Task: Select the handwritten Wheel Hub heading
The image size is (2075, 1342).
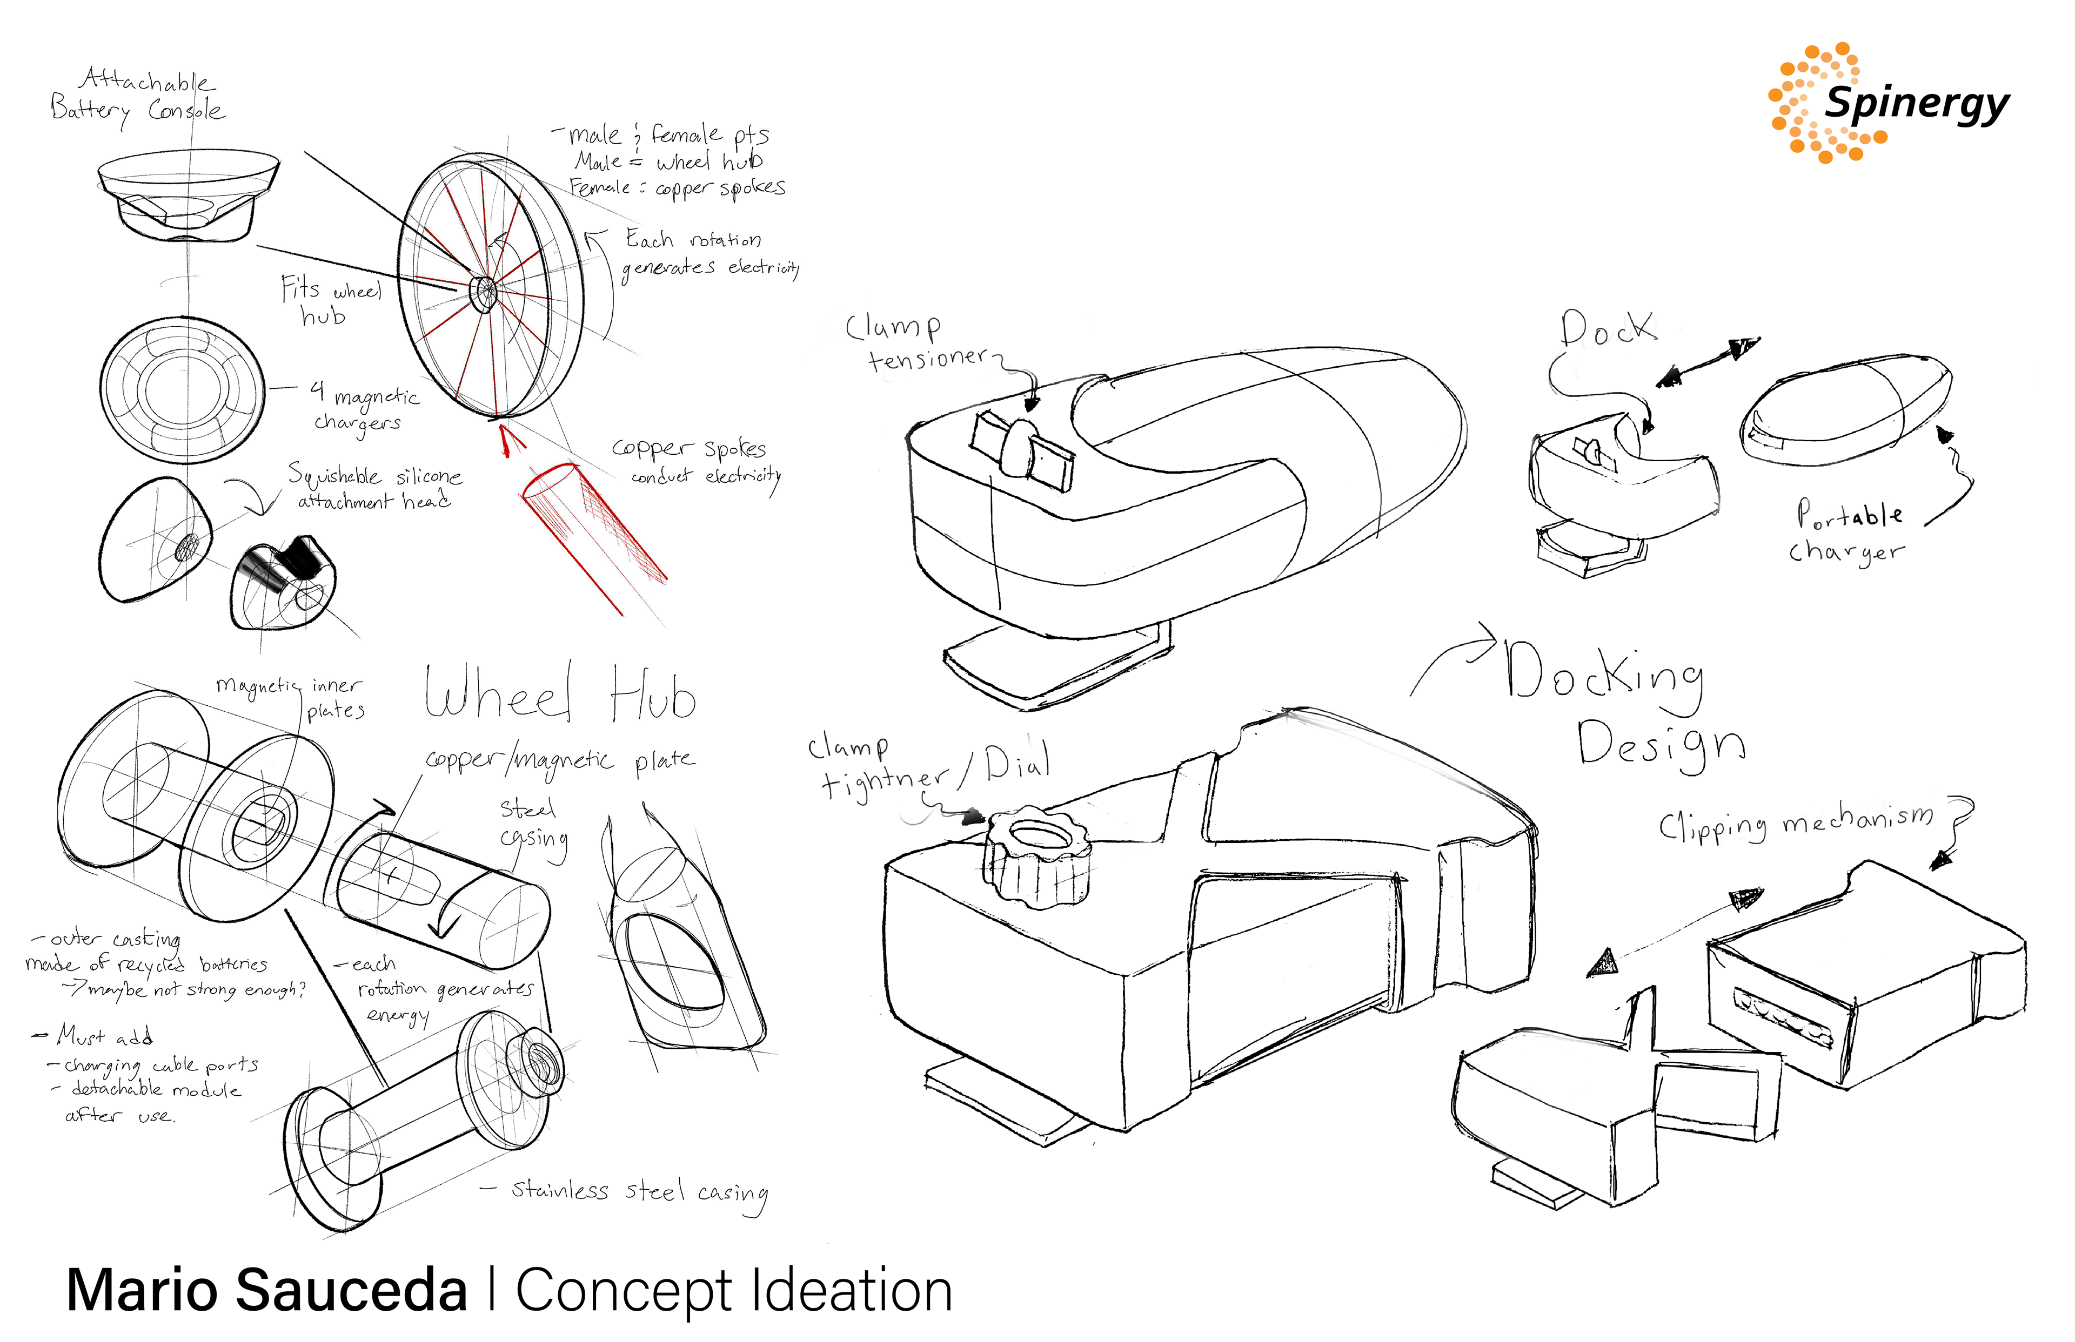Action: pos(560,693)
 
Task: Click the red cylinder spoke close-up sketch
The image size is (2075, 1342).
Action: pos(593,531)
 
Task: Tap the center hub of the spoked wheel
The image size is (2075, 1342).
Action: pos(485,292)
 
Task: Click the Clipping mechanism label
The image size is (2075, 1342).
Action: pos(1796,824)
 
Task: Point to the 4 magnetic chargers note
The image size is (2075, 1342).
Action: pos(364,407)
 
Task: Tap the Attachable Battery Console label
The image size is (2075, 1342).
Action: pos(138,96)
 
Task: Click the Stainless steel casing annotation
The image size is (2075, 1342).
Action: pos(639,1192)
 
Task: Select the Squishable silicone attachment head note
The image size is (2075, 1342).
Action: pos(375,488)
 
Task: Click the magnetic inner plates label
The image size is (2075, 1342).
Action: pos(292,697)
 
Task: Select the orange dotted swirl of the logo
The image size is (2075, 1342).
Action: pos(1809,105)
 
